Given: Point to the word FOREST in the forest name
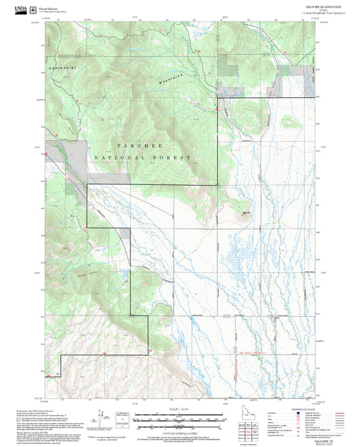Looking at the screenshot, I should (176, 157).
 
